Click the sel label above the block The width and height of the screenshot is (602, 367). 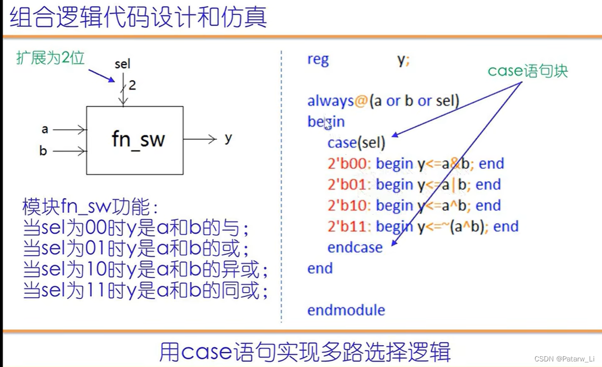[x=122, y=64]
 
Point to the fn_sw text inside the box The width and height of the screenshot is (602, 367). [x=138, y=139]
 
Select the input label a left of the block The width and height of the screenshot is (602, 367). [x=45, y=130]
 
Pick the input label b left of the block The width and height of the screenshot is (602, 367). [x=43, y=151]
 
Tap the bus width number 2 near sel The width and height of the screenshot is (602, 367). [x=132, y=85]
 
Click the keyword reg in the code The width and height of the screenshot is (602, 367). [x=318, y=59]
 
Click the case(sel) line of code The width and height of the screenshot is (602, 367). [x=356, y=143]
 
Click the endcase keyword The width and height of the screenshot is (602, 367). [x=355, y=248]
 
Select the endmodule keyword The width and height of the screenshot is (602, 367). [x=346, y=310]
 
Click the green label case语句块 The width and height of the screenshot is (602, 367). [x=527, y=71]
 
